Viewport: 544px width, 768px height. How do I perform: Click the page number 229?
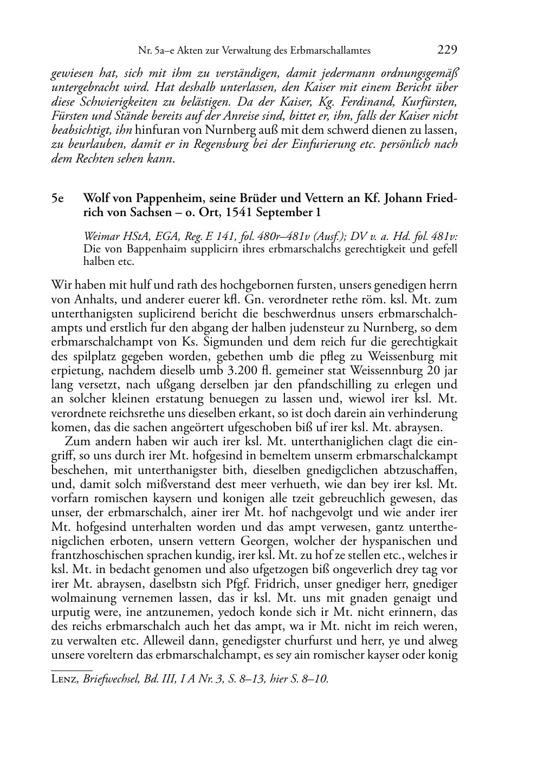point(447,50)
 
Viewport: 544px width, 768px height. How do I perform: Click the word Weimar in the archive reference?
point(100,237)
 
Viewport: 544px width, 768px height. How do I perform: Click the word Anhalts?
point(94,300)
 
